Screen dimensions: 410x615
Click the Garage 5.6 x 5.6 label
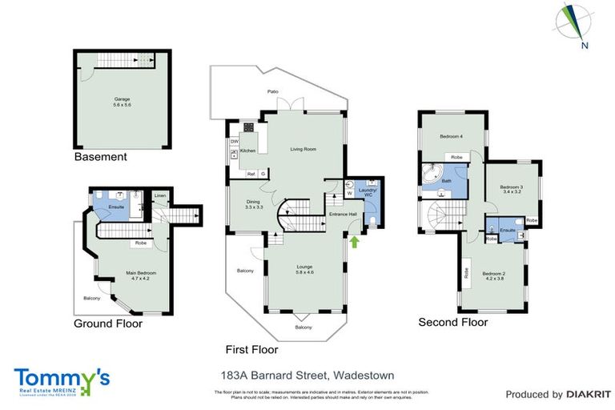(x=122, y=102)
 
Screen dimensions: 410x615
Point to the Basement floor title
(x=100, y=157)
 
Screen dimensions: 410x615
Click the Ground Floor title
(x=108, y=324)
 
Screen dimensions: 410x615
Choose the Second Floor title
(x=452, y=323)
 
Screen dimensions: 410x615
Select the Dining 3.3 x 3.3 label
(x=253, y=204)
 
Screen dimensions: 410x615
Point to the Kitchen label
(x=248, y=151)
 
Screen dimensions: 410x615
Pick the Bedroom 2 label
(x=493, y=276)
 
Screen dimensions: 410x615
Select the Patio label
(x=273, y=92)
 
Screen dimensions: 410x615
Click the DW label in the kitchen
(x=235, y=142)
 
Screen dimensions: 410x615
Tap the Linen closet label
(x=160, y=196)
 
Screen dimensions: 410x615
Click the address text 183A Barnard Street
(x=307, y=375)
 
